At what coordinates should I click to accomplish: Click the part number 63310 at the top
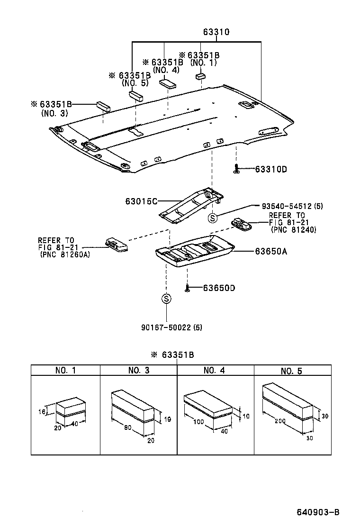216,32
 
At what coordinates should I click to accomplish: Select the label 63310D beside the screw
271,169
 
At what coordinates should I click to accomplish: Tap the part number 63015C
141,201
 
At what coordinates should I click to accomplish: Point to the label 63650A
271,252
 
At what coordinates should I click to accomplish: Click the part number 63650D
219,288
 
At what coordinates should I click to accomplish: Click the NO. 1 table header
65,370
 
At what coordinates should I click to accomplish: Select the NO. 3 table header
138,370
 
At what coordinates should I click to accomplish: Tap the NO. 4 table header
215,370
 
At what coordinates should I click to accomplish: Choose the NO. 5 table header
291,371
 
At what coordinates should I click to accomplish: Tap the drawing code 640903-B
318,512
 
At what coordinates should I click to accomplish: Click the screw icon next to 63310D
236,169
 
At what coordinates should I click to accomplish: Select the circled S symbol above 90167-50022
166,299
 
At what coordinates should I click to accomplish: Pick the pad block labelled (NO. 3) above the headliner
103,106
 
